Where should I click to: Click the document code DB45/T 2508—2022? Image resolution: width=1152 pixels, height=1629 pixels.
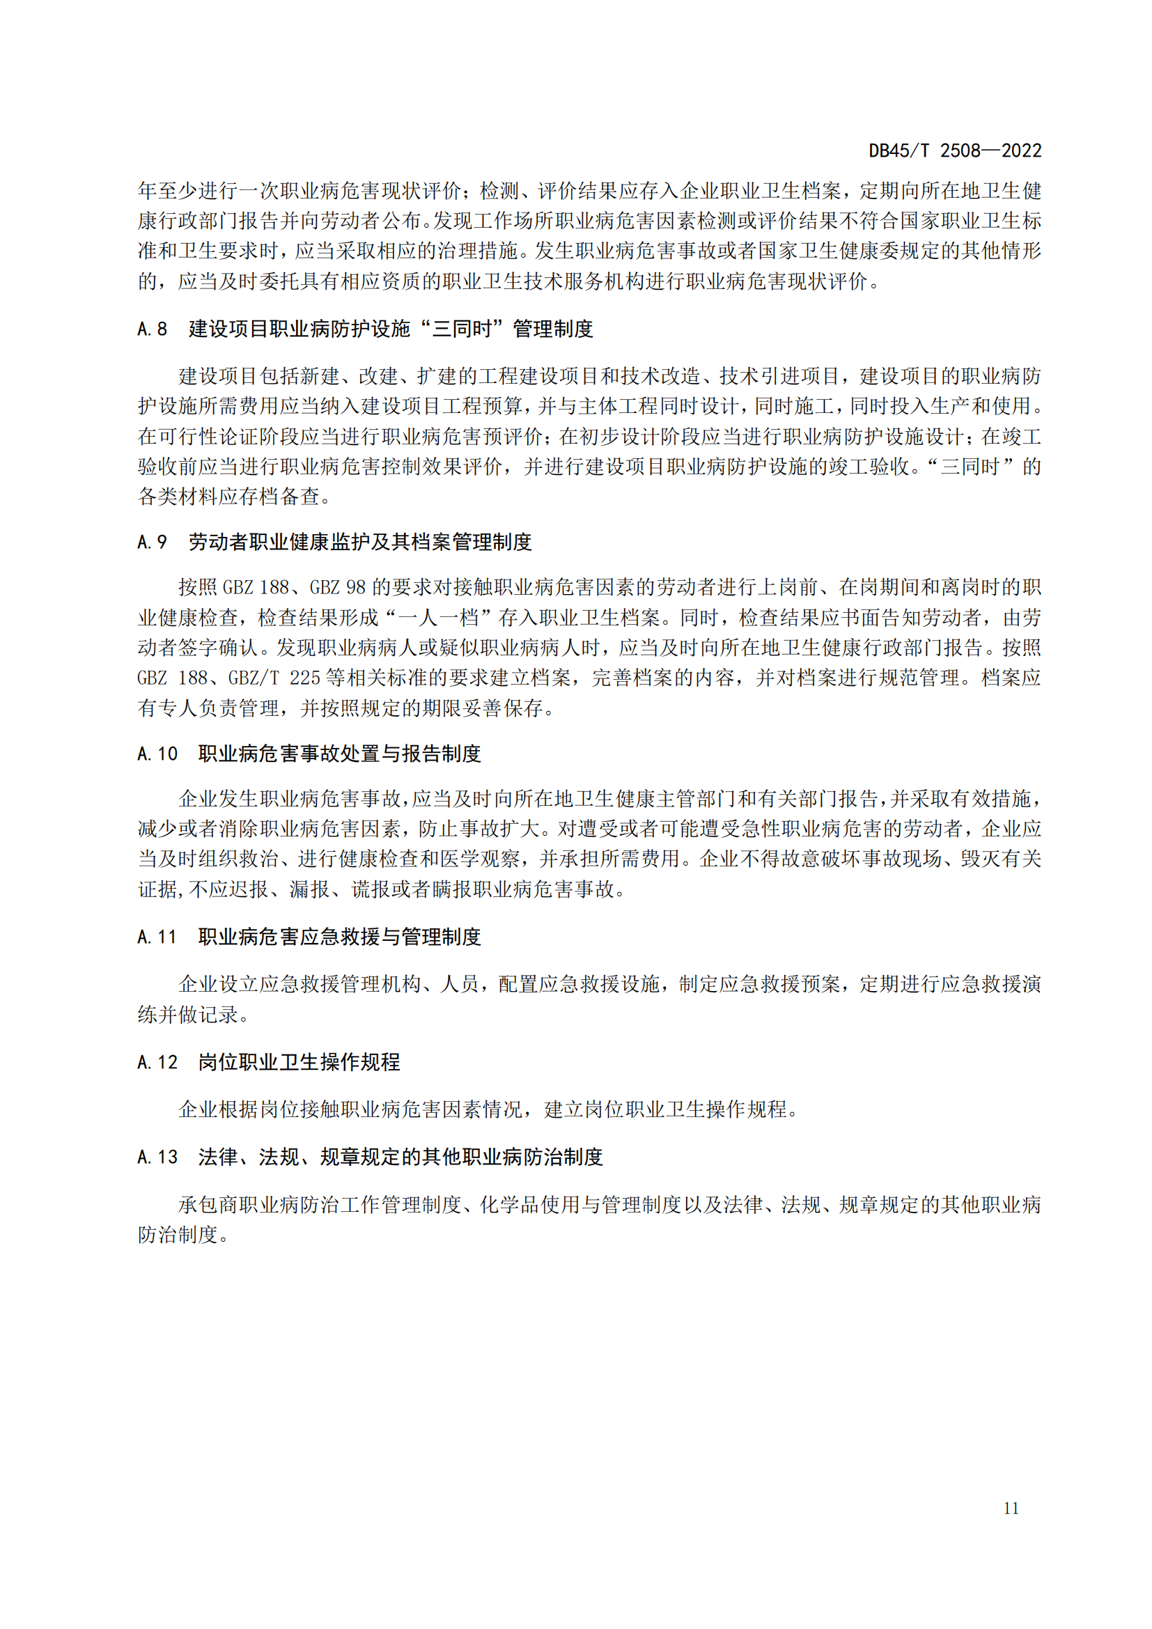[955, 150]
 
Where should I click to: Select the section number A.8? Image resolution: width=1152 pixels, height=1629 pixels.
[153, 329]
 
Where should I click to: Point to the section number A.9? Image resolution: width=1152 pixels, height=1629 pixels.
[153, 542]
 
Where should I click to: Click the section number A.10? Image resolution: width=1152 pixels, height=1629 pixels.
[157, 754]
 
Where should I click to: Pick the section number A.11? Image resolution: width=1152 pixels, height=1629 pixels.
[157, 937]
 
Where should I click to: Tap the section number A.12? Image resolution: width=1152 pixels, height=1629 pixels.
[157, 1062]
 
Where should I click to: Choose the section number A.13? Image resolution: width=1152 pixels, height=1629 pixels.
[157, 1158]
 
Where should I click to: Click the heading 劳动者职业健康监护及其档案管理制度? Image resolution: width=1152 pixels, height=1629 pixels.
[359, 542]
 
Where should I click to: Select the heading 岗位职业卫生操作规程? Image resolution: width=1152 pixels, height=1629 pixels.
[299, 1062]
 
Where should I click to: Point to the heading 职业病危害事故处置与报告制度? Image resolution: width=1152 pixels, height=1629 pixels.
[340, 754]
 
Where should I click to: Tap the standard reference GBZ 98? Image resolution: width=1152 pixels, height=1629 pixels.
[338, 588]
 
